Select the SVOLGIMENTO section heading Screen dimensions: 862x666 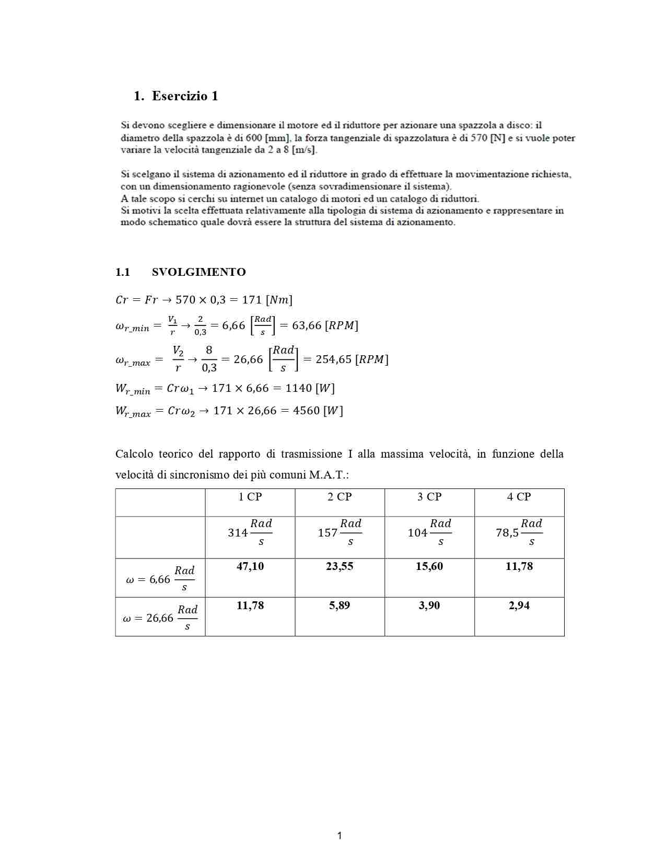(198, 272)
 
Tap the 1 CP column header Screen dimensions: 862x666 (250, 497)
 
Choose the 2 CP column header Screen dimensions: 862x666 (340, 497)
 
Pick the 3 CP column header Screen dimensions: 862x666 (429, 497)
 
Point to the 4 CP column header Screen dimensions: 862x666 (519, 497)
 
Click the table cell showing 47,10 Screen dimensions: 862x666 (250, 566)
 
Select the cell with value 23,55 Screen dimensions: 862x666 (340, 566)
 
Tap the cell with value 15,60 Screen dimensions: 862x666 (429, 566)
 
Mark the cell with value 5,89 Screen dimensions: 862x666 (340, 605)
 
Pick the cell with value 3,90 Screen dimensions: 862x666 (429, 605)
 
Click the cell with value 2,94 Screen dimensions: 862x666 (519, 605)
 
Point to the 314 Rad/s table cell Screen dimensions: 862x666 (250, 533)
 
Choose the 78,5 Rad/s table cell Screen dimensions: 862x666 (519, 533)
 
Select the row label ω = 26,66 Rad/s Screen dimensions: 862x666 (160, 618)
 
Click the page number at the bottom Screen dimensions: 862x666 (340, 835)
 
